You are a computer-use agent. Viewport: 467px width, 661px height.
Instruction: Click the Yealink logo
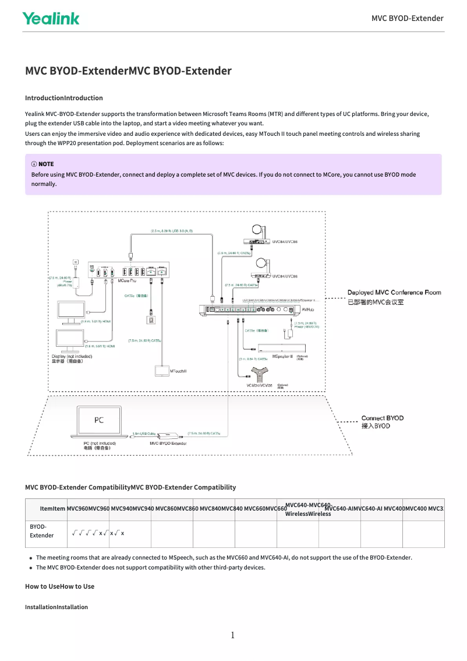tap(51, 18)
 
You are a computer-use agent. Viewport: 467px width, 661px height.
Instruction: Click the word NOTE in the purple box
tap(46, 164)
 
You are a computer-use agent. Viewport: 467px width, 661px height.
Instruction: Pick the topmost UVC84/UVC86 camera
tap(257, 235)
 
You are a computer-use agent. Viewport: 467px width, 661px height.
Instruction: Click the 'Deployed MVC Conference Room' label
tap(394, 293)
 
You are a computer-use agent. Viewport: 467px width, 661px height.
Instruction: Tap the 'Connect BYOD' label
tap(382, 418)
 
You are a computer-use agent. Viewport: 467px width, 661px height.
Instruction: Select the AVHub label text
tap(307, 310)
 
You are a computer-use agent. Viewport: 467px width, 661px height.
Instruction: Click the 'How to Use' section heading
tap(59, 586)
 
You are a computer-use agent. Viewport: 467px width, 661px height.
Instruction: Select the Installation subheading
tap(56, 607)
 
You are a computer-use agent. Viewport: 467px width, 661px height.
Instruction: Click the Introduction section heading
tap(63, 98)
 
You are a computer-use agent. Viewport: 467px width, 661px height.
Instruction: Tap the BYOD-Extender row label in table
tap(41, 531)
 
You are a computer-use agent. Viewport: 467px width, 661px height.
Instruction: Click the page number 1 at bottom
tap(233, 635)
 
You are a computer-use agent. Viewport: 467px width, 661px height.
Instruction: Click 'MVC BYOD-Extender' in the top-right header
tap(407, 18)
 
